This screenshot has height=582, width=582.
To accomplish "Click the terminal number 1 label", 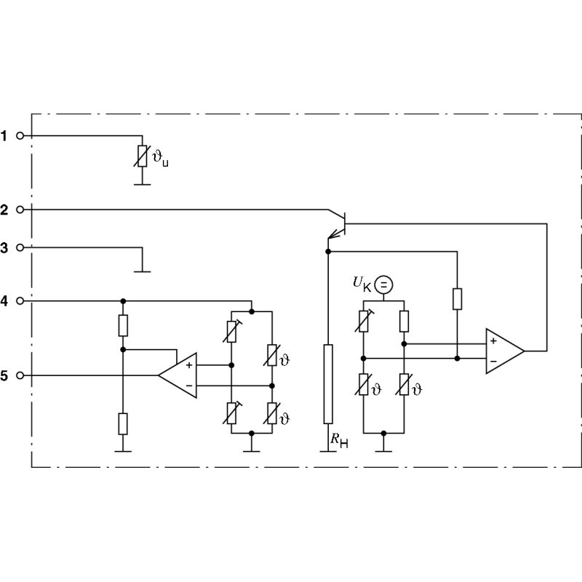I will pos(4,135).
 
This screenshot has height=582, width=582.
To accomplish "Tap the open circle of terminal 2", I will pos(20,210).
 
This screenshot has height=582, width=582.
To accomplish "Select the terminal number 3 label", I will pos(4,247).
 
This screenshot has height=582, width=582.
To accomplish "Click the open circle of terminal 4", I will pos(20,300).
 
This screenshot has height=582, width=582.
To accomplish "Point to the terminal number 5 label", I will pos(4,375).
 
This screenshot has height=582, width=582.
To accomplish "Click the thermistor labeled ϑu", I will pos(143,155).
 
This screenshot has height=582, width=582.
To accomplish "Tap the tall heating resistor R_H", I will pos(327,383).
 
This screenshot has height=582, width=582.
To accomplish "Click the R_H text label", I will pos(339,439).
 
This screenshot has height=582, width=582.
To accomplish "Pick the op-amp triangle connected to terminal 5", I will pos(178,375).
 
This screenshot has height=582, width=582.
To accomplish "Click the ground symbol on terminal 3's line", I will pos(143,271).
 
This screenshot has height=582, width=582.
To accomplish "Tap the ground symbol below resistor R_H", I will pos(327,450).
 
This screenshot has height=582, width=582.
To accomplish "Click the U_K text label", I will pos(362,284).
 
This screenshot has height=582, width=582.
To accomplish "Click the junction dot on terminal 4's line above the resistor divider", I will pos(123,300).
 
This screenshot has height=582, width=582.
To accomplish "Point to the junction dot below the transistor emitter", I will pos(327,252).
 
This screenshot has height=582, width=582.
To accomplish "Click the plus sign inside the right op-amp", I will pos(493,340).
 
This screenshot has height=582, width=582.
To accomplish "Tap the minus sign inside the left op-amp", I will pos(189,386).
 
